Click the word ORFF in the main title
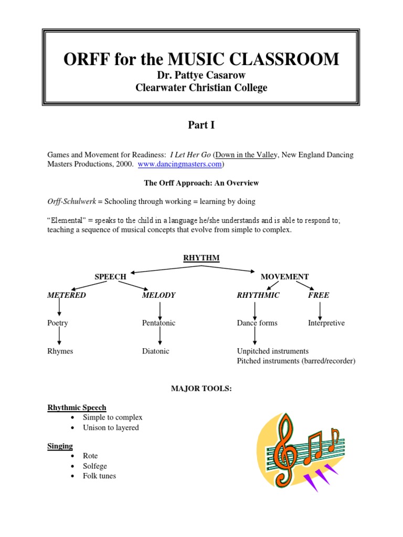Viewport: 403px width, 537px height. (x=86, y=59)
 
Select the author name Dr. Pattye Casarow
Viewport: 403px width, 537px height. (x=201, y=76)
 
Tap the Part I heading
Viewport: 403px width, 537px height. (x=201, y=125)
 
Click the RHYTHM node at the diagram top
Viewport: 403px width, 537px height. (x=201, y=257)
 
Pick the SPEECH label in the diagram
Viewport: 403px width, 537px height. (x=110, y=276)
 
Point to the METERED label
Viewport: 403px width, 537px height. (x=67, y=295)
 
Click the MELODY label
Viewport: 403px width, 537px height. (x=158, y=295)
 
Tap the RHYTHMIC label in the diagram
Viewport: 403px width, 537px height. (x=258, y=295)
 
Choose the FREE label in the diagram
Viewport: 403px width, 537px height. (x=319, y=295)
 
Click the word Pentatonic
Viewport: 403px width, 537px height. (x=158, y=323)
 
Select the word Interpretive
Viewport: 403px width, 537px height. (x=326, y=323)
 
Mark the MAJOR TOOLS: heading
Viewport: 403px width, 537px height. (x=201, y=388)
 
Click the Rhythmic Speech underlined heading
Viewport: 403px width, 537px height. (x=77, y=407)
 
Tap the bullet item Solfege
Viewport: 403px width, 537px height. (x=94, y=466)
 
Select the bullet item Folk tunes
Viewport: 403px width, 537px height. (x=99, y=476)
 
